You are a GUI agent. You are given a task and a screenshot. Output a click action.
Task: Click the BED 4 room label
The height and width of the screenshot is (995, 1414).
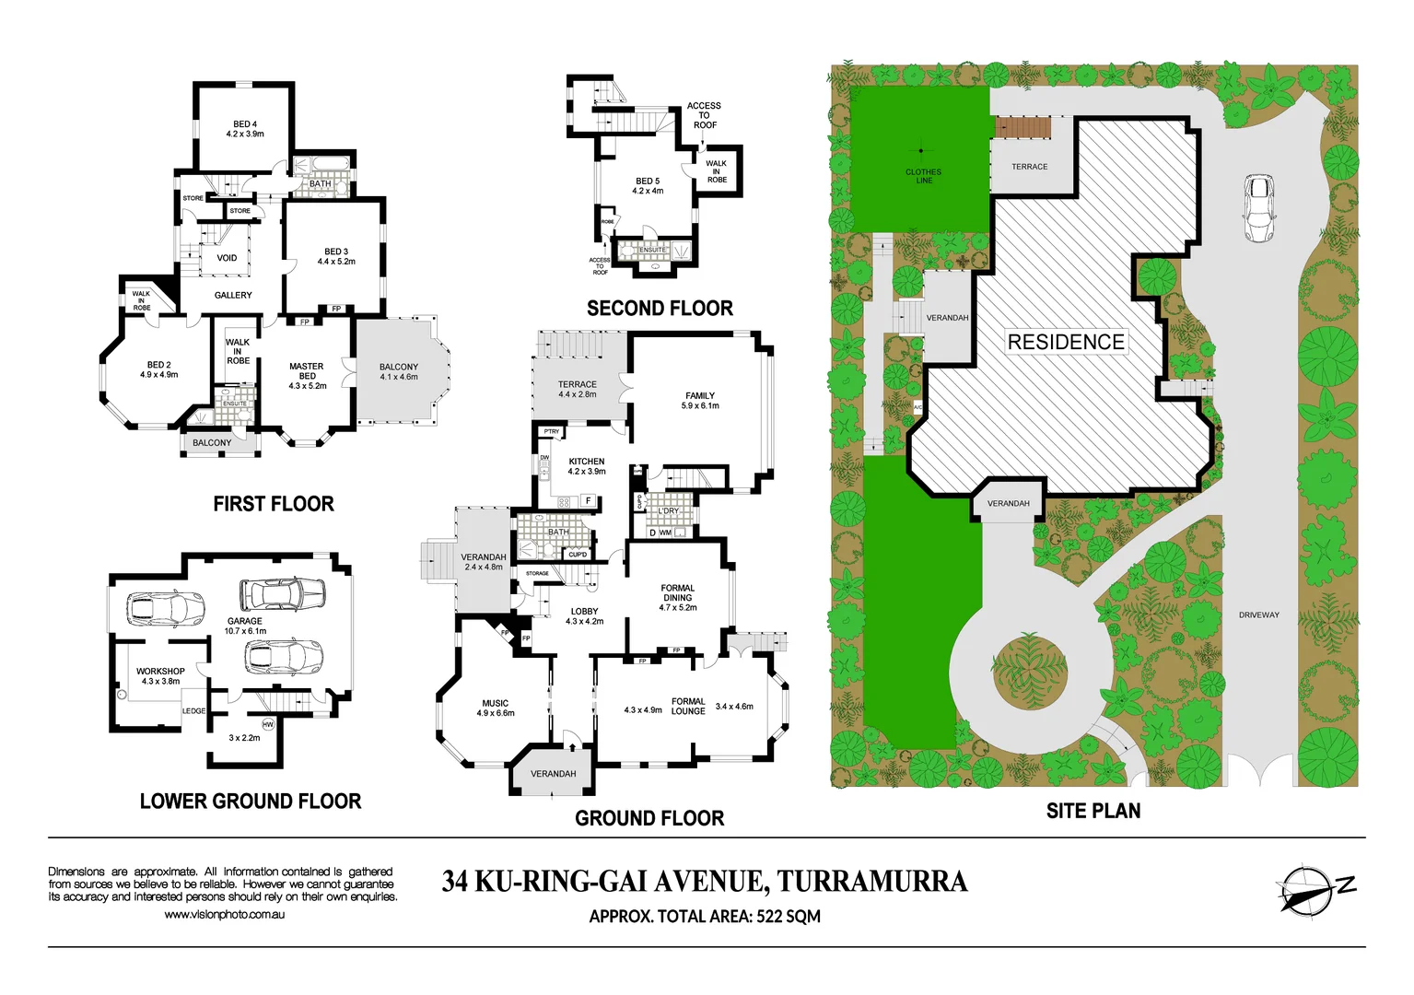[245, 124]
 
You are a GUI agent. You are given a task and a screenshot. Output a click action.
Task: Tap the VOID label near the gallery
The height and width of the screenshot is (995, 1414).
[227, 258]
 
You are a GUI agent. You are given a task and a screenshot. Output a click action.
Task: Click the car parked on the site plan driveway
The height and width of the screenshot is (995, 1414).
[1258, 209]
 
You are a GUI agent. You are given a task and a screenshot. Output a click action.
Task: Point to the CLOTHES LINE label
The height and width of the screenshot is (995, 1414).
[923, 176]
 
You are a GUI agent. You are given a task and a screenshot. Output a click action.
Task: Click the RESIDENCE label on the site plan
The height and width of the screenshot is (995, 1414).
[1066, 342]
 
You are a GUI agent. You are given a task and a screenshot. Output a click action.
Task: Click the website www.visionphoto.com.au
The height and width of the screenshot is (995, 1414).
[224, 915]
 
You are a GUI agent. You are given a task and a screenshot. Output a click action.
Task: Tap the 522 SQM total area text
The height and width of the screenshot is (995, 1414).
[789, 917]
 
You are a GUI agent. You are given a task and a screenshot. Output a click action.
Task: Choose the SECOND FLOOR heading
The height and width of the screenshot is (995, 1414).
[660, 309]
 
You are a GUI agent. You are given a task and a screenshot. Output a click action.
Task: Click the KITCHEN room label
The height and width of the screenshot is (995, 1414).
[587, 462]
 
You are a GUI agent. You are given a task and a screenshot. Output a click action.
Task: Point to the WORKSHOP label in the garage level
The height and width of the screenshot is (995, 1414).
[160, 672]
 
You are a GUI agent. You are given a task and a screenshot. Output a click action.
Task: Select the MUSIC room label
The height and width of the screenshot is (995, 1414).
[495, 703]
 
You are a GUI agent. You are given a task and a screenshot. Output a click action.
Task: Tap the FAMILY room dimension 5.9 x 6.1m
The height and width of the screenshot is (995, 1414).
[700, 405]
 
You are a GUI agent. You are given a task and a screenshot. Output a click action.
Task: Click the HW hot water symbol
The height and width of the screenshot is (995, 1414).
[268, 724]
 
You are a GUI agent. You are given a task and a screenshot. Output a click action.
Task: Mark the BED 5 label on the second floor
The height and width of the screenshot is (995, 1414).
[648, 181]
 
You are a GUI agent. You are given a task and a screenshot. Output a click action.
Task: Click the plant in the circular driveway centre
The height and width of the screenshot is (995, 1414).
[1030, 670]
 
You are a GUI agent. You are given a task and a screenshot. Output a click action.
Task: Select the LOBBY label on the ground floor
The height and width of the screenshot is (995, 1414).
[584, 611]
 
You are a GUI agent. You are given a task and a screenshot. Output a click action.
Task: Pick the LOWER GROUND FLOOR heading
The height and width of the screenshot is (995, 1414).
[251, 802]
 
